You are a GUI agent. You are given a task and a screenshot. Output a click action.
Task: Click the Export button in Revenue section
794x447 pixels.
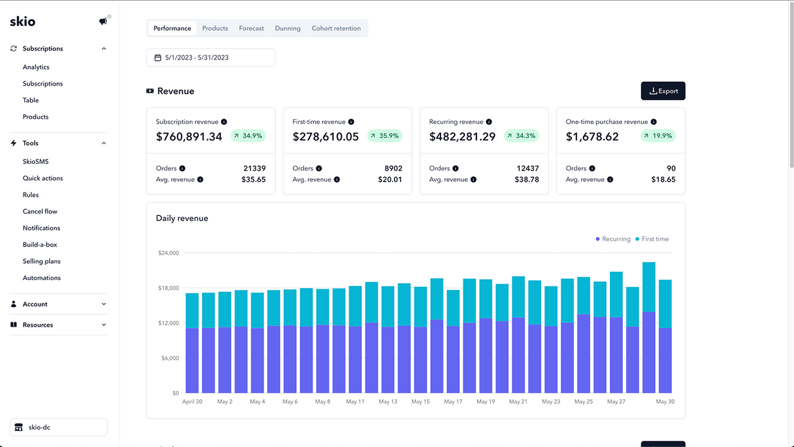[662, 91]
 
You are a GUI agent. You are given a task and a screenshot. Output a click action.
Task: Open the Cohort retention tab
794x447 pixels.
[336, 29]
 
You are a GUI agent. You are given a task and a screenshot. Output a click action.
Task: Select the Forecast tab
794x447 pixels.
[251, 29]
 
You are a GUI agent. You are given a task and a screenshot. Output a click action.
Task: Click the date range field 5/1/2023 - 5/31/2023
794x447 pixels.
[211, 58]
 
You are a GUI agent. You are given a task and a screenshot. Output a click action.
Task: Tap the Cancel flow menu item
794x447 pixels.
[40, 212]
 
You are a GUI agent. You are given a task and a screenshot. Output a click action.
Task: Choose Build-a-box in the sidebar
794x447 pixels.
[40, 245]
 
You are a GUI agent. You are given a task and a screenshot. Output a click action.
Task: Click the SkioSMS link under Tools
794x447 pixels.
[35, 161]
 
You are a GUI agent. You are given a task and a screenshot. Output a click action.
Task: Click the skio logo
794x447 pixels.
[23, 22]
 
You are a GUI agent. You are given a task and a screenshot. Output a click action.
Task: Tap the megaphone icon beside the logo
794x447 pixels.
[103, 22]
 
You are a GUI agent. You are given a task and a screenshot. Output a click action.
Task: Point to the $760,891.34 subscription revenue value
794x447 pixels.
[189, 137]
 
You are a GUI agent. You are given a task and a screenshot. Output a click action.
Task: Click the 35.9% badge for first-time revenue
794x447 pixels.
[385, 136]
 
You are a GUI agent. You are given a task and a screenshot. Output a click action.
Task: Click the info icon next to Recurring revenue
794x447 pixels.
[489, 122]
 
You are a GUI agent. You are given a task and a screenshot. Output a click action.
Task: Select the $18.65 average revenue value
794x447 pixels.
[663, 179]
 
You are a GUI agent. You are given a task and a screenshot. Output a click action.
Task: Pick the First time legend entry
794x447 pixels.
[652, 239]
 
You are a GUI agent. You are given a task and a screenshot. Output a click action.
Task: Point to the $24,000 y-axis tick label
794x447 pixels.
[169, 253]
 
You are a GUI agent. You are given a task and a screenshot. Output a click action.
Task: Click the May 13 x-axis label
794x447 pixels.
[388, 402]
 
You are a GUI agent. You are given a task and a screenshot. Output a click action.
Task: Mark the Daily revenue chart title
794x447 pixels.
[182, 219]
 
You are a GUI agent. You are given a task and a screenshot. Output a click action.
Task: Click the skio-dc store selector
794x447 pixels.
[58, 427]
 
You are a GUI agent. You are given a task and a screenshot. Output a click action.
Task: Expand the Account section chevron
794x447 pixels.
[104, 304]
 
